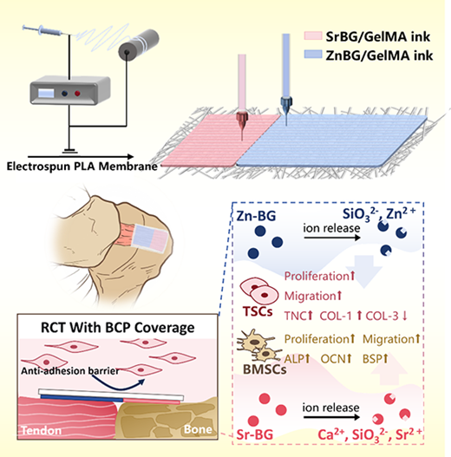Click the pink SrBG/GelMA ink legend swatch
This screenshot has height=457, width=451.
click(313, 36)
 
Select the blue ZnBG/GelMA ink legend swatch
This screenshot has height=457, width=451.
click(313, 55)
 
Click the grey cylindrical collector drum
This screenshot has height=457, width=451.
click(139, 44)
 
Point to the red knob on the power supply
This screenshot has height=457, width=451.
click(77, 94)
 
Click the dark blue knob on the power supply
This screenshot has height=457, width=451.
click(65, 94)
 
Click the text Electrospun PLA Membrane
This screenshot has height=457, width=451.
click(82, 166)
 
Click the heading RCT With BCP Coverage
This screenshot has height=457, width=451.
click(117, 327)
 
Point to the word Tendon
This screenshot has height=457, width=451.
click(42, 430)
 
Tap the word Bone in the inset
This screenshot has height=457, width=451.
click(198, 429)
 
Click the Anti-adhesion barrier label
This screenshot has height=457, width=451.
click(70, 371)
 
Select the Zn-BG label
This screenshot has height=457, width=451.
click(256, 216)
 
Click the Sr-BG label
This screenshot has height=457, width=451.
click(255, 434)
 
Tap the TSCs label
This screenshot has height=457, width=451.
click(258, 311)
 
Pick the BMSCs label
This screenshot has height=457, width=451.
click(265, 369)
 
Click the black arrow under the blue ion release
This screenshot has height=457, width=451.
click(332, 238)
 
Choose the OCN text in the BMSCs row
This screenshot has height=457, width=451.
click(333, 359)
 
